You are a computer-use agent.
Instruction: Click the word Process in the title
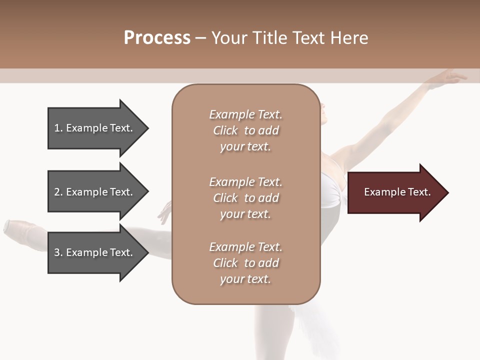pos(157,38)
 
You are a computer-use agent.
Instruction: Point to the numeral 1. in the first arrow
pos(58,128)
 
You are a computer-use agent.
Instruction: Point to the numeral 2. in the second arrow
pos(58,192)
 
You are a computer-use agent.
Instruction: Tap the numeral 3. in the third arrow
pos(58,252)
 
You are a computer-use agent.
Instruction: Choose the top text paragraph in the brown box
pos(245,130)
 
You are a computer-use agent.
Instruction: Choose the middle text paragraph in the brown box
pos(245,198)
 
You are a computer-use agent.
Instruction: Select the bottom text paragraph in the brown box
pos(245,263)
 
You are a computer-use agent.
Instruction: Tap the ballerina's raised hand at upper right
pos(452,77)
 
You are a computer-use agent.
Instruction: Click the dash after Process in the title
pos(201,38)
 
